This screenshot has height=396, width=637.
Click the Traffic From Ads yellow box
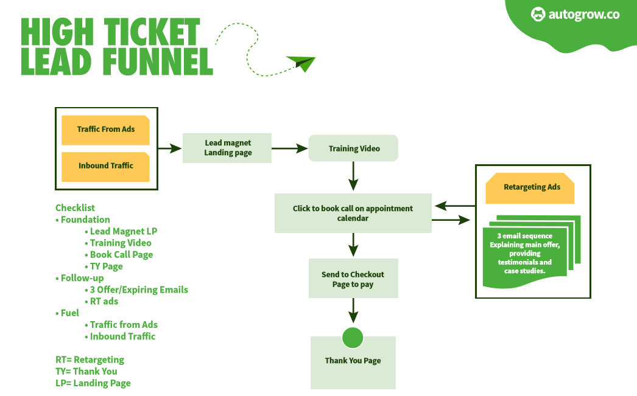tap(105, 130)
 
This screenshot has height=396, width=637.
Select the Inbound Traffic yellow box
tap(105, 166)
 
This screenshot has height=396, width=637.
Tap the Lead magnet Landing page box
tap(227, 148)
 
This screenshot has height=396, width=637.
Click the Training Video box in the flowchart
tap(353, 148)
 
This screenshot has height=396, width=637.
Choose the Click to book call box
tap(353, 214)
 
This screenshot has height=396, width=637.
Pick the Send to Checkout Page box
tap(353, 279)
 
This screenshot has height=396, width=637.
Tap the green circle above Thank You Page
tap(353, 338)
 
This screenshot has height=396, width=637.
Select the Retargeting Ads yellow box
tap(530, 187)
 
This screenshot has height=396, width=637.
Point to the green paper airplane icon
tap(301, 63)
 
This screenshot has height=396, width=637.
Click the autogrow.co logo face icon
tap(538, 15)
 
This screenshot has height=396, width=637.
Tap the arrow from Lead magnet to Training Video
tap(289, 148)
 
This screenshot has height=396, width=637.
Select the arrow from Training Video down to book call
tap(353, 177)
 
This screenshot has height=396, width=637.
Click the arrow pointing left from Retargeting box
tap(454, 206)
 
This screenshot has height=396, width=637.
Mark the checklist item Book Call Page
tap(121, 255)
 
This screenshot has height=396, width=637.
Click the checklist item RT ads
tap(104, 301)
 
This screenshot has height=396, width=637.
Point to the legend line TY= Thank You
tap(86, 372)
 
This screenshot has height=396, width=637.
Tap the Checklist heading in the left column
tap(76, 208)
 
